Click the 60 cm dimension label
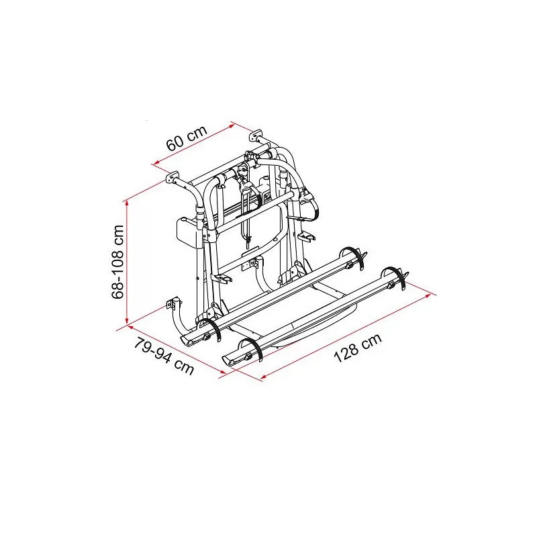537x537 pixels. click(187, 138)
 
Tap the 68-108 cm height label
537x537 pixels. click(118, 262)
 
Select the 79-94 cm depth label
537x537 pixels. click(164, 356)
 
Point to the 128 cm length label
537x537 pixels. click(358, 348)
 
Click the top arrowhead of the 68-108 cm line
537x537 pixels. click(127, 203)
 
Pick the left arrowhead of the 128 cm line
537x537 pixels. click(263, 377)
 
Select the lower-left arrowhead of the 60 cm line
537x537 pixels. click(156, 163)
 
